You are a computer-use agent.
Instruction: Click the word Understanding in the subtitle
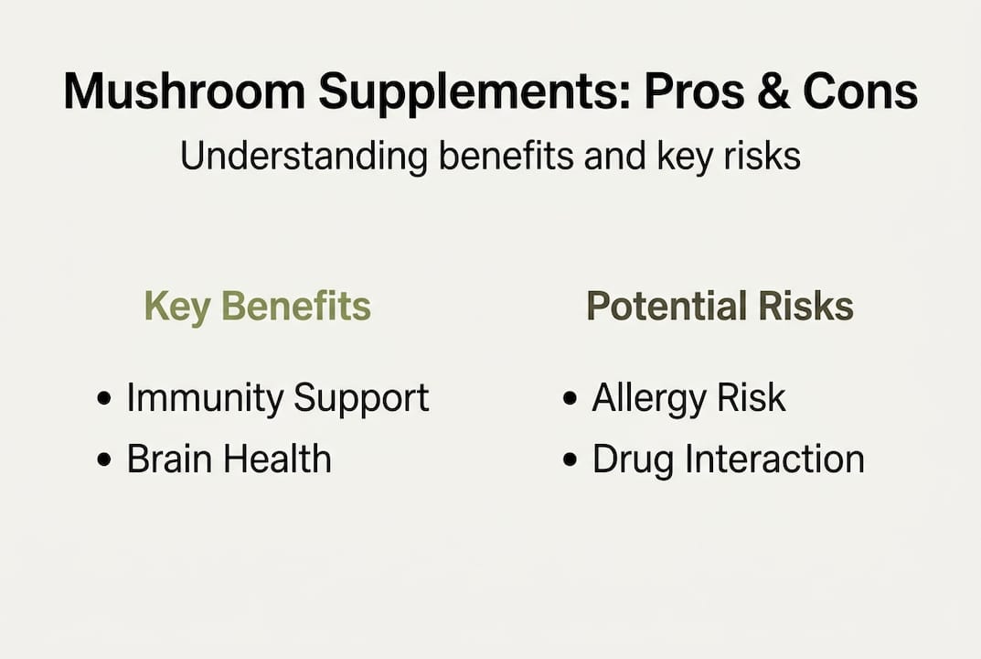click(303, 157)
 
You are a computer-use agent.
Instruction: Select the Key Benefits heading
click(258, 307)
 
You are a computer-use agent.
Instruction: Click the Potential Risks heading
click(720, 307)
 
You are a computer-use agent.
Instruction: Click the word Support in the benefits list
click(361, 398)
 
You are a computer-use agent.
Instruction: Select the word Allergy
click(650, 398)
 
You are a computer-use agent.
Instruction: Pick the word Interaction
click(776, 459)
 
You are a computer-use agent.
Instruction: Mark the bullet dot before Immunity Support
click(105, 399)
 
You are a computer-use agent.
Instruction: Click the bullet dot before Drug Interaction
click(570, 459)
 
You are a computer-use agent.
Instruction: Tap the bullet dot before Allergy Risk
click(570, 399)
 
